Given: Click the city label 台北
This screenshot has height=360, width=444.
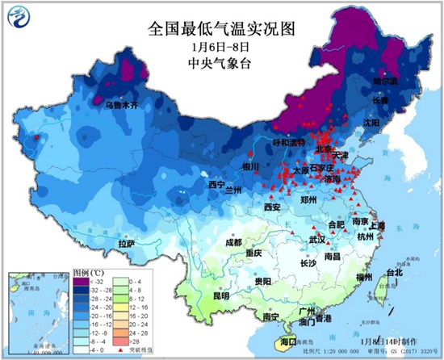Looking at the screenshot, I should (x=394, y=272).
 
